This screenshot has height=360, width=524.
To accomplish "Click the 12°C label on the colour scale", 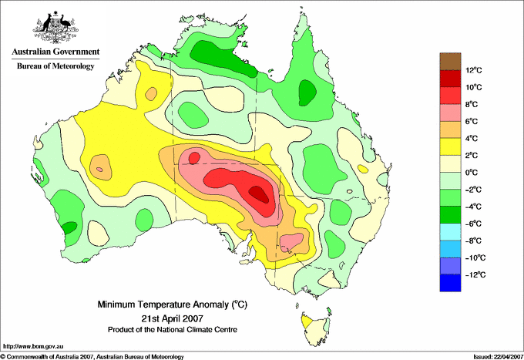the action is coord(474,70).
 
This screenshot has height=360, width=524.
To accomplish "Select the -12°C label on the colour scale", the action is coord(475,274).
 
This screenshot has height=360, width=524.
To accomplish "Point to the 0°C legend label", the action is coord(472,173).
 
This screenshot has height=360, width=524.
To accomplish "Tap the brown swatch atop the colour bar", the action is coord(450,61).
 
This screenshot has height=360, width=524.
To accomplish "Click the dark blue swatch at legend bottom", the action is coord(450,283).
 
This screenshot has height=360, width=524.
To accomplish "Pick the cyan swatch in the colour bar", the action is coord(450,232).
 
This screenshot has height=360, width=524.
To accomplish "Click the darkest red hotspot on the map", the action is coord(260,194).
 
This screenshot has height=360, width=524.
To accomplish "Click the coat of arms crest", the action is coord(55,27).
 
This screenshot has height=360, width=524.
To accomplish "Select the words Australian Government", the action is coord(55,52).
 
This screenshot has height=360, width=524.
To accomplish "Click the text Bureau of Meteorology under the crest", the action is coord(55,66).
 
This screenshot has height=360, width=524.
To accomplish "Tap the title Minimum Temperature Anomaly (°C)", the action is coord(173,304).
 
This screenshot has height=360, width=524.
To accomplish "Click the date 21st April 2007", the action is coord(173,318).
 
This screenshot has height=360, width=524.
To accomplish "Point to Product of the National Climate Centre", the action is coord(173,330).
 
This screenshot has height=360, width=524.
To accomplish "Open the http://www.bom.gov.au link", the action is coord(33,347).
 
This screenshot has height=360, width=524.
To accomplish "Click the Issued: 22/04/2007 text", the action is coord(498,357).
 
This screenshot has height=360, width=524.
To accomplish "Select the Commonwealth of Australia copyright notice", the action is coord(92,357).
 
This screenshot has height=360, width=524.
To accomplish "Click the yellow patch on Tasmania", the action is coord(306,322).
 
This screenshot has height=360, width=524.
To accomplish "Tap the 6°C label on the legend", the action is coord(472,121).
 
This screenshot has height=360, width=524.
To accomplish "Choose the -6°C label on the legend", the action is coord(473,224).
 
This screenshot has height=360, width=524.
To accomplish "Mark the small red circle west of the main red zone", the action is coord(194,158).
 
